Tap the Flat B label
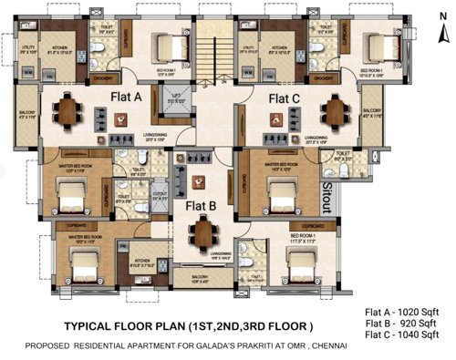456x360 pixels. coord(202,205)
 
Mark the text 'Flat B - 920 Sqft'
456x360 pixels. coord(405,323)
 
